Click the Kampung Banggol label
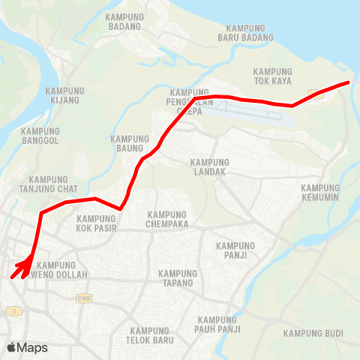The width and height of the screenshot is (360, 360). pyautogui.click(x=40, y=136)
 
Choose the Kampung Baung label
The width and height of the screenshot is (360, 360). pyautogui.click(x=130, y=143)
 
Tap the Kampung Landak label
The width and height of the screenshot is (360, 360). pyautogui.click(x=209, y=166)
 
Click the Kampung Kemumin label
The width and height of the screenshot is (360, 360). pyautogui.click(x=320, y=193)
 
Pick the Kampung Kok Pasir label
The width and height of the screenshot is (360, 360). pyautogui.click(x=97, y=223)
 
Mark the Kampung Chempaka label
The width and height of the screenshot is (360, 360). pyautogui.click(x=166, y=219)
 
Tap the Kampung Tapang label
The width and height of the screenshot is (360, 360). pyautogui.click(x=177, y=277)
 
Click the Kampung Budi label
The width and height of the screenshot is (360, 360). pyautogui.click(x=313, y=333)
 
